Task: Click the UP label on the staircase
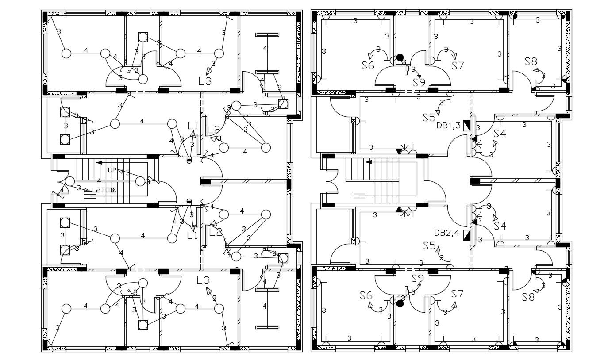tap(112, 170)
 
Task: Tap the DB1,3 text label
tap(448, 126)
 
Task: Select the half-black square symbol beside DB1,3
tap(466, 126)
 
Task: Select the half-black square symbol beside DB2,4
tap(466, 235)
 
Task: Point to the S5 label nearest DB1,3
tap(429, 118)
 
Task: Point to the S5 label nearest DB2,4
tap(429, 246)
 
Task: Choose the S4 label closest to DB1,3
tap(499, 133)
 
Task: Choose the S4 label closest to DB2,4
tap(500, 226)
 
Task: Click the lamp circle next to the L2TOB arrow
tap(70, 181)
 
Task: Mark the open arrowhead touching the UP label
tap(120, 171)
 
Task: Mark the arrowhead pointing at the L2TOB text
tap(88, 190)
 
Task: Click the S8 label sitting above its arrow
tap(531, 61)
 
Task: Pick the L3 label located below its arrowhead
tap(204, 81)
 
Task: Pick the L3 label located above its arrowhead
tap(203, 280)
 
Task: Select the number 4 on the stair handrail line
tap(99, 181)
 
